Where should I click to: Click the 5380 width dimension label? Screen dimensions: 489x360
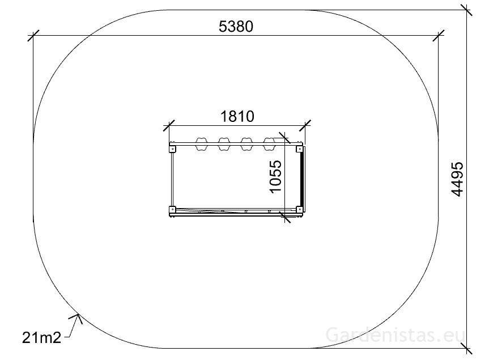[236, 27]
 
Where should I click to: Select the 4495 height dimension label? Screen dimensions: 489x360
[457, 179]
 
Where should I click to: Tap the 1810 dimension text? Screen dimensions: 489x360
[237, 117]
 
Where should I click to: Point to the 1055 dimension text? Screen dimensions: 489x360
[276, 176]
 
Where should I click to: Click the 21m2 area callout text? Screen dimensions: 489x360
[41, 337]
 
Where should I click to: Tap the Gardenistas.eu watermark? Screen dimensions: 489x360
[396, 335]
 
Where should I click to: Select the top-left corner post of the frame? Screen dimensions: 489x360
[172, 149]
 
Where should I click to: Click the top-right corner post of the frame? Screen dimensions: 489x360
[299, 149]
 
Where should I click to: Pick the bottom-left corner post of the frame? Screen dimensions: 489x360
[172, 209]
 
